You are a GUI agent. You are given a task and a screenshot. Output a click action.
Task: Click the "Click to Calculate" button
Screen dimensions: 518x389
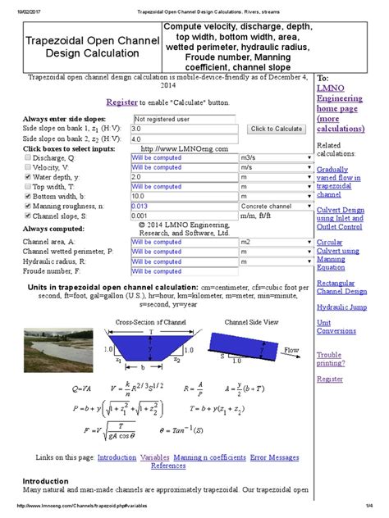point(277,129)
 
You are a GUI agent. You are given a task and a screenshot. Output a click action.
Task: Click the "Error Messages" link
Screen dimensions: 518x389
point(275,457)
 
